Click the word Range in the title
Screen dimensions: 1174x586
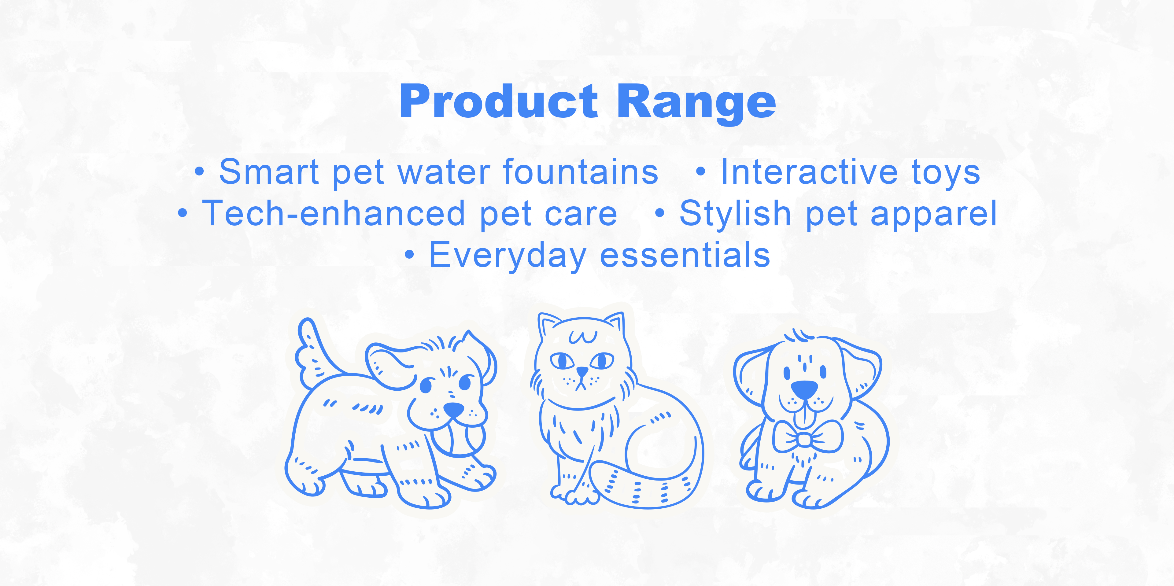696,105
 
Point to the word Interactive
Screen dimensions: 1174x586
809,172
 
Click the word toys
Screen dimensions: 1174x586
946,174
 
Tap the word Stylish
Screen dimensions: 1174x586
735,214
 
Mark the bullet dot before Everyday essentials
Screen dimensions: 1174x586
410,256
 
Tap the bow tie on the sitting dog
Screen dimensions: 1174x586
807,437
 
